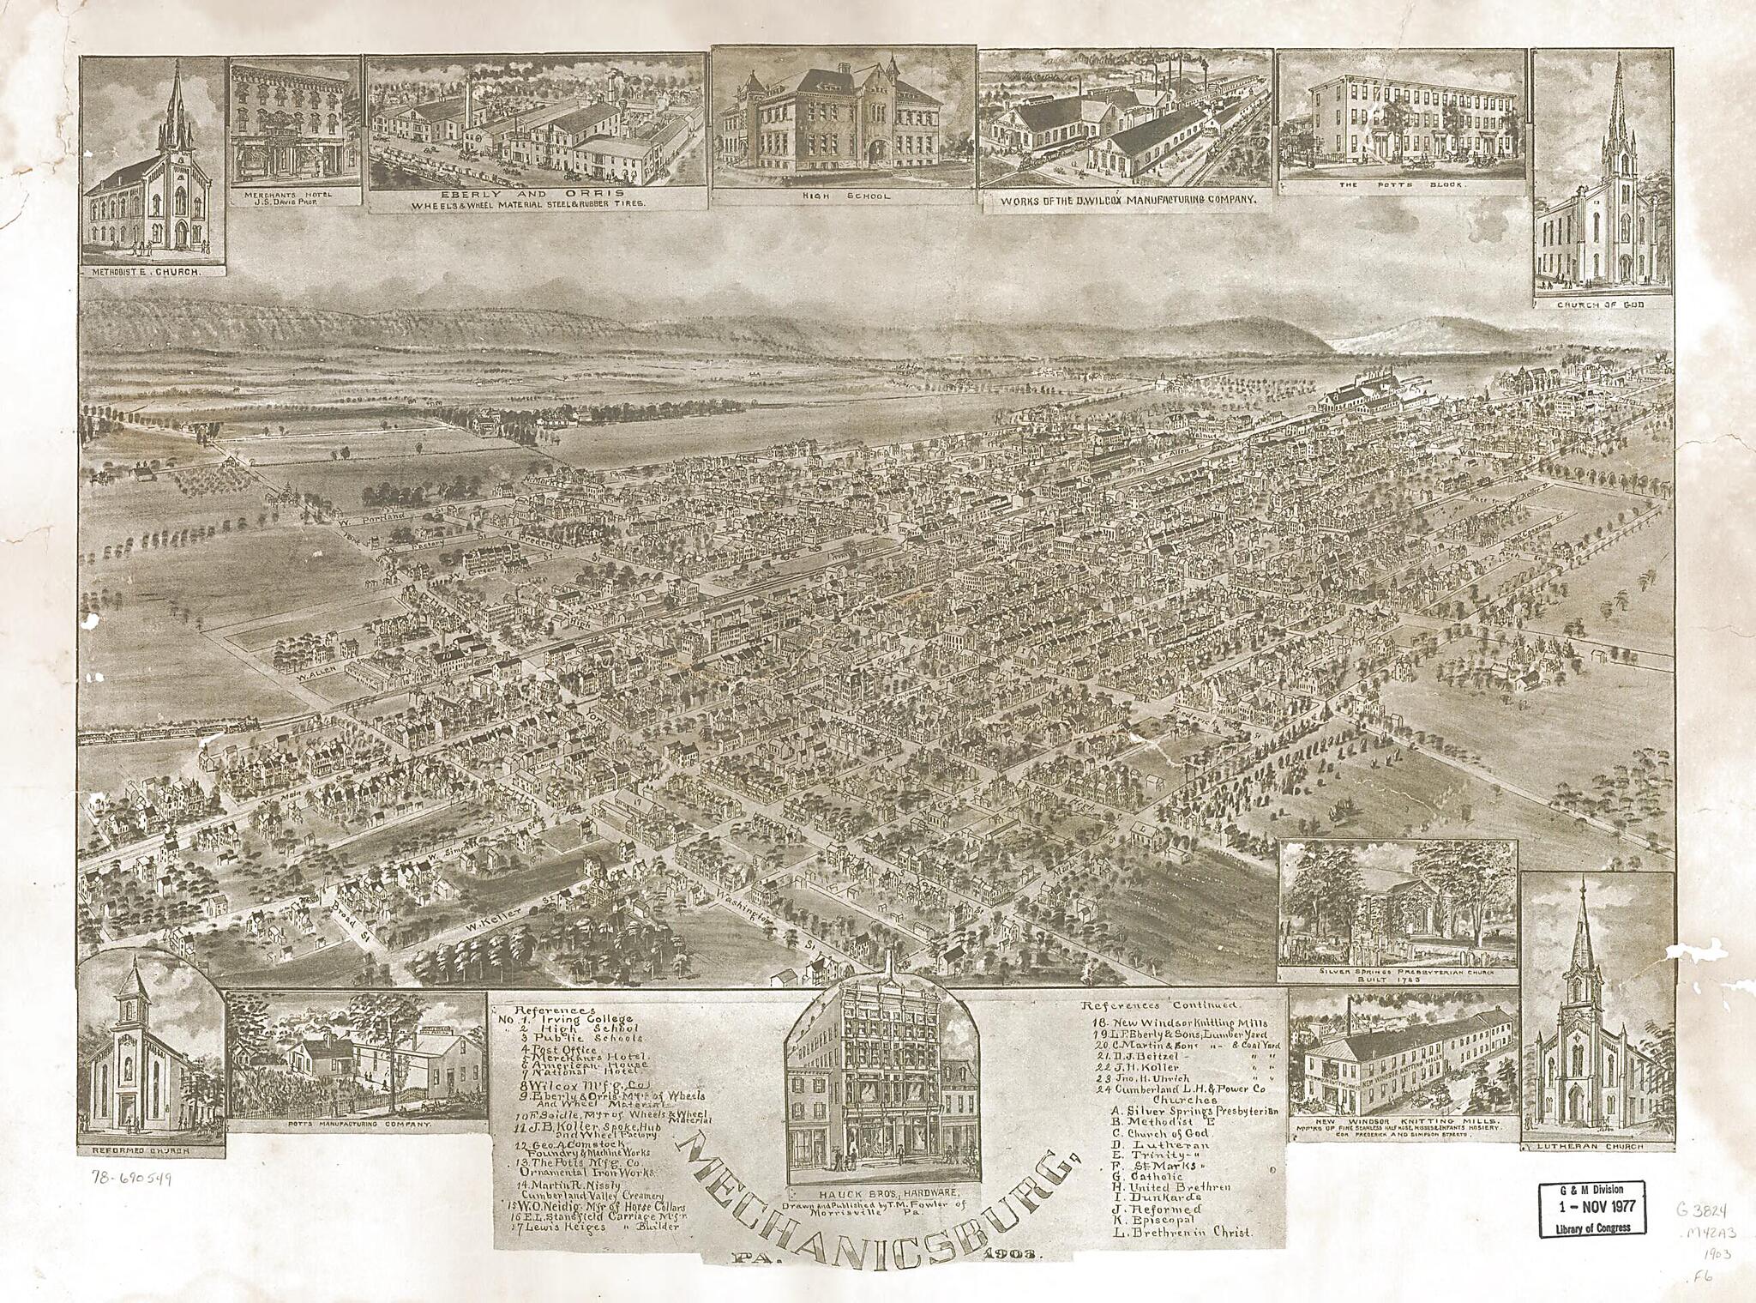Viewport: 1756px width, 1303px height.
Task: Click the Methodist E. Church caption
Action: point(153,272)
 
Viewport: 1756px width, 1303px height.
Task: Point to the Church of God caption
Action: point(1601,305)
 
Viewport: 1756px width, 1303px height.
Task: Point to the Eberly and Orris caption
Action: point(538,197)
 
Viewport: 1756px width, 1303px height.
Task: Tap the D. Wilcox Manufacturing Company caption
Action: point(1126,200)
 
